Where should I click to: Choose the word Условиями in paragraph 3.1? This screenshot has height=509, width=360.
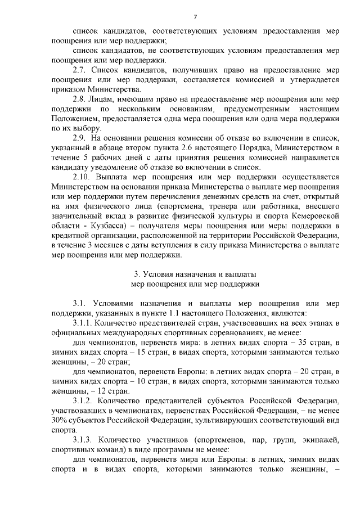tap(116, 303)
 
